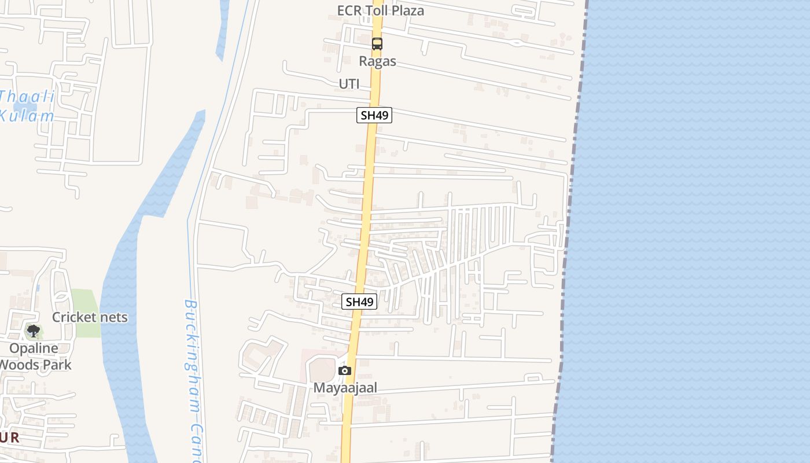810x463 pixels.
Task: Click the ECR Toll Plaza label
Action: tap(381, 10)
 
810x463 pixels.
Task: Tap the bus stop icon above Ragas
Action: tap(377, 43)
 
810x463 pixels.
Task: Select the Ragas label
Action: tap(377, 61)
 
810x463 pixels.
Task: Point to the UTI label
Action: tap(349, 84)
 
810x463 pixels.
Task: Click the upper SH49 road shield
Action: tap(374, 115)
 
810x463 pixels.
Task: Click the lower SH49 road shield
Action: tap(359, 302)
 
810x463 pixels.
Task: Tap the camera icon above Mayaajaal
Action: tap(345, 370)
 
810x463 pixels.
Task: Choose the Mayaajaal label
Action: tap(345, 388)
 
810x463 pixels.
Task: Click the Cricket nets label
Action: tap(90, 317)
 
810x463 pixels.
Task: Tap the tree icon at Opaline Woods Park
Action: tap(34, 331)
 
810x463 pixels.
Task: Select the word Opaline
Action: tap(34, 348)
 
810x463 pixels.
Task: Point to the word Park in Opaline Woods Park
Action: tap(58, 365)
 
